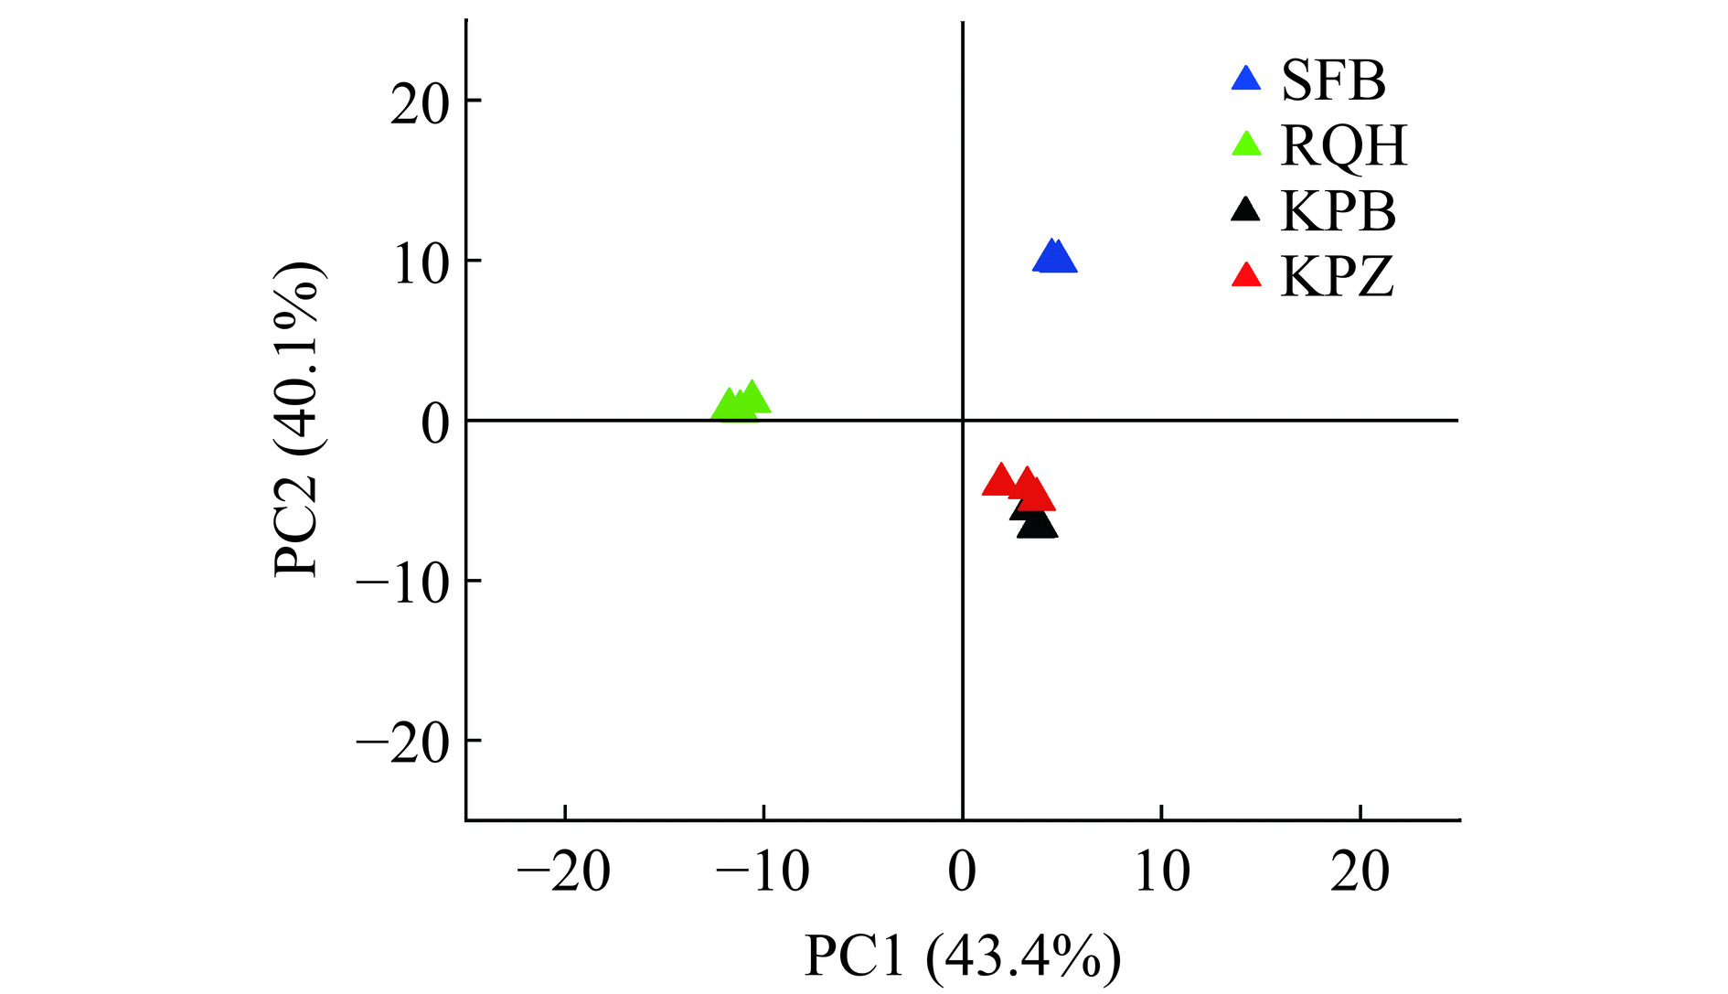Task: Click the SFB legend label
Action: click(1333, 80)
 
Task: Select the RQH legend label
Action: click(1343, 145)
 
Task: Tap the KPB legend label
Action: click(1339, 211)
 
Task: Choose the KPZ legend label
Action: click(1337, 276)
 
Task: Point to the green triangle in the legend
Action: click(1246, 144)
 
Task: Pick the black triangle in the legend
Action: click(1245, 210)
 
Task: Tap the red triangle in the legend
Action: click(1246, 275)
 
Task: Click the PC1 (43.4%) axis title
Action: click(962, 957)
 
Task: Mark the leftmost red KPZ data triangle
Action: click(999, 481)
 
